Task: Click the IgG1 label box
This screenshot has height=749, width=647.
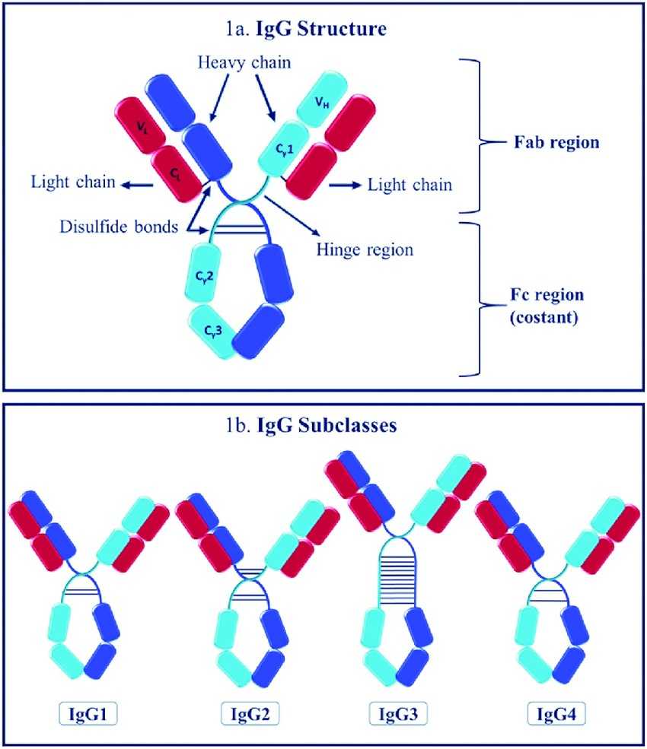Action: click(x=89, y=714)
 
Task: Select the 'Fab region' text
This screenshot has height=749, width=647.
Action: click(x=566, y=141)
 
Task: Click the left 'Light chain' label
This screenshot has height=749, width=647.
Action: click(x=73, y=182)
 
